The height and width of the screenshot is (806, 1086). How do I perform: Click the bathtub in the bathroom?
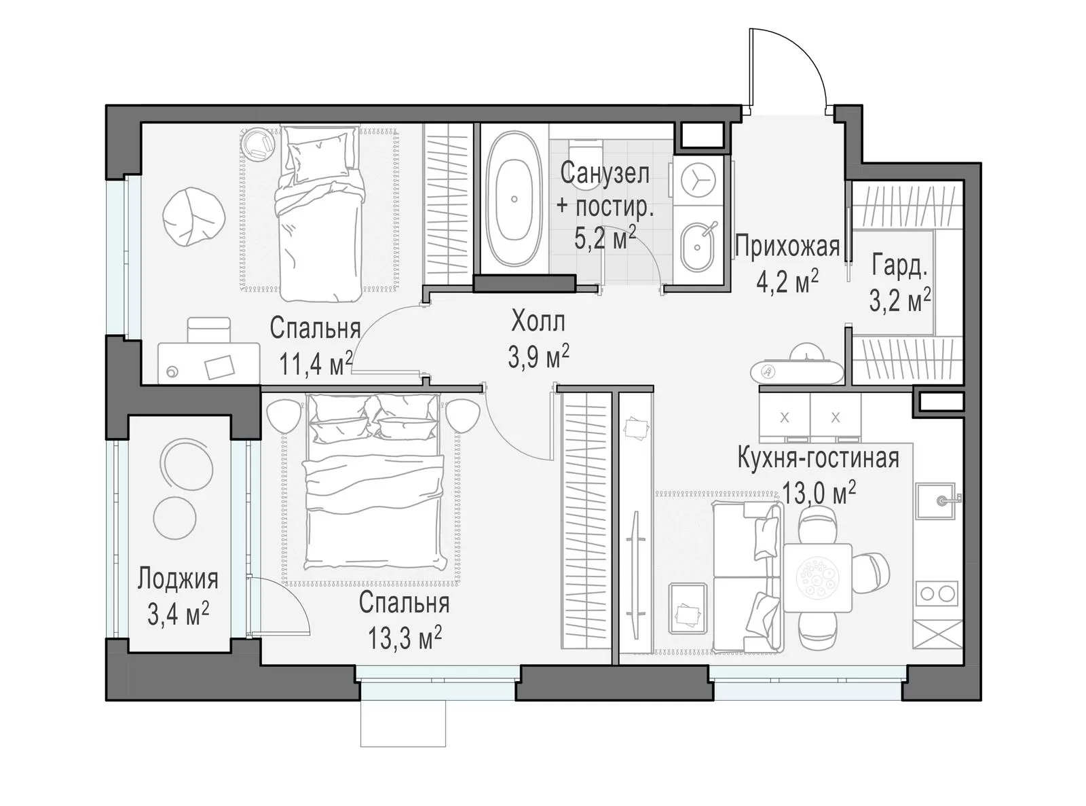(514, 199)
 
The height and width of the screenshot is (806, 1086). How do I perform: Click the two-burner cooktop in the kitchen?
(936, 593)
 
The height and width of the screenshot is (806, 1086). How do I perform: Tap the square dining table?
(817, 578)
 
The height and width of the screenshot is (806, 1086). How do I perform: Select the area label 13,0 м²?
(819, 492)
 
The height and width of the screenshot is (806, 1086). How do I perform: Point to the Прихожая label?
(787, 246)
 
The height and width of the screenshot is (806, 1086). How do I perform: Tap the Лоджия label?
(177, 580)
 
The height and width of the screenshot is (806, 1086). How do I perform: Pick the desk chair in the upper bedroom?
(208, 330)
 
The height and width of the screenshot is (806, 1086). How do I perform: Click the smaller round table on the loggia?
(175, 518)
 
